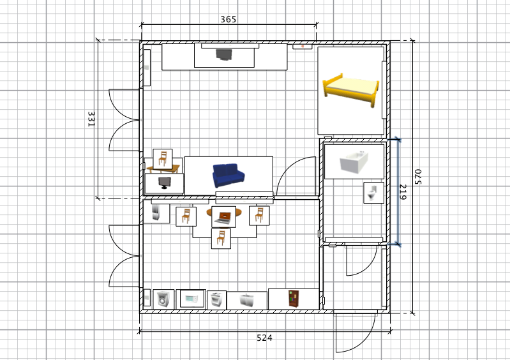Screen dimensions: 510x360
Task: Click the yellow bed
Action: tap(350, 90)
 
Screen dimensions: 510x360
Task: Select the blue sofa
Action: tap(229, 176)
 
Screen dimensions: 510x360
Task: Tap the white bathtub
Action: tap(354, 161)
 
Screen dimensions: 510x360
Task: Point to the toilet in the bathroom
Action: tap(373, 193)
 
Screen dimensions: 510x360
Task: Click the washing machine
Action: tap(163, 299)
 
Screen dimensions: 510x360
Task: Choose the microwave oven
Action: tap(192, 299)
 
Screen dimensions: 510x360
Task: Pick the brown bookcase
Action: tap(293, 299)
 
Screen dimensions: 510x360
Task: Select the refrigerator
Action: tap(156, 213)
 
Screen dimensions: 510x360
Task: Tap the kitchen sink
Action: tap(246, 301)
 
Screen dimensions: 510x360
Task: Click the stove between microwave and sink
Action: tap(216, 300)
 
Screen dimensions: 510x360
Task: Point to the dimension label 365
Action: tap(229, 20)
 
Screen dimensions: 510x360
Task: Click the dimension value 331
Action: tap(91, 119)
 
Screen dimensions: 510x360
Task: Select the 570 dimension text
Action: tap(418, 177)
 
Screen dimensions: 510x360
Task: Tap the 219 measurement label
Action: tap(403, 192)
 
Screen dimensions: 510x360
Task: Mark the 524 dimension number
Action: tap(264, 338)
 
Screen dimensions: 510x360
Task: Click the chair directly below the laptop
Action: tap(221, 238)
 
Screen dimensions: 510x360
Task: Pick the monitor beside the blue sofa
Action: tap(164, 183)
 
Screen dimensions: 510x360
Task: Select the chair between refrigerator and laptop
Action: tap(186, 216)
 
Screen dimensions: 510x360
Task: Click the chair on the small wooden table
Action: tap(163, 159)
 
